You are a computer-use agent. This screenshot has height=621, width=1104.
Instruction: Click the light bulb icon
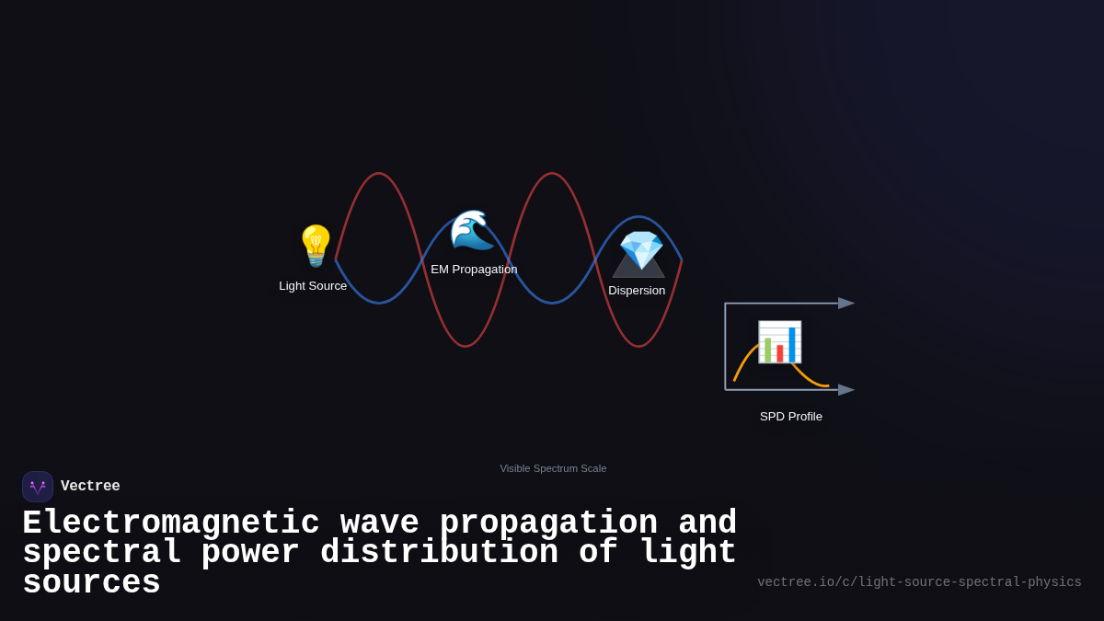click(316, 246)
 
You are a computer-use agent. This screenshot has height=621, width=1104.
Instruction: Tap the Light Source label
click(313, 286)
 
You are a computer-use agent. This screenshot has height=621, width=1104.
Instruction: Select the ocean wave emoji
click(472, 230)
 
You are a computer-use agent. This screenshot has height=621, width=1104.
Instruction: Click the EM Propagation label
click(474, 270)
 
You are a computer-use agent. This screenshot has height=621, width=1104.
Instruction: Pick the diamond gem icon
click(641, 249)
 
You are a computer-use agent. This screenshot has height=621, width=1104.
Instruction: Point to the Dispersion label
click(637, 291)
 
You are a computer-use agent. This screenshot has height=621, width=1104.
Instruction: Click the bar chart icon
click(779, 341)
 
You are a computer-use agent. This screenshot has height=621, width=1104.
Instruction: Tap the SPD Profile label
click(791, 417)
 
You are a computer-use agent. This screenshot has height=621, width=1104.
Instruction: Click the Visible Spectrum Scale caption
click(553, 468)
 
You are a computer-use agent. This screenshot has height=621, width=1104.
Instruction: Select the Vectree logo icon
click(38, 487)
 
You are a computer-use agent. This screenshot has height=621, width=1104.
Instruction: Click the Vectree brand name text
click(90, 487)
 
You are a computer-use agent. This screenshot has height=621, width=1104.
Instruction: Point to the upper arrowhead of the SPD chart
click(846, 304)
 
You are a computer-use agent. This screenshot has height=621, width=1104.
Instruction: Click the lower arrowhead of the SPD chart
click(846, 390)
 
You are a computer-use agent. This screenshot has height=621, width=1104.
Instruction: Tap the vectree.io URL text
click(919, 582)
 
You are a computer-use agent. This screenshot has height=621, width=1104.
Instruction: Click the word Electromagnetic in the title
click(171, 523)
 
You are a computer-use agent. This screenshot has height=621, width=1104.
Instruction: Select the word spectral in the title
click(101, 553)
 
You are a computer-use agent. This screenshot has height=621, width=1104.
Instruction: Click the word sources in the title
click(91, 583)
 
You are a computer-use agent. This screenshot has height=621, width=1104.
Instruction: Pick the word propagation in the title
click(548, 523)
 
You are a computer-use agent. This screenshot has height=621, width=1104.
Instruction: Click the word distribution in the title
click(439, 553)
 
